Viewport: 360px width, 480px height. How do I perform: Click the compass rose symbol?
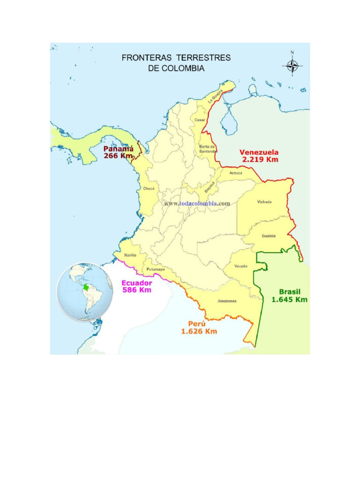tap(292, 65)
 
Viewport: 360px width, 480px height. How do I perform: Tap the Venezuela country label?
tap(259, 152)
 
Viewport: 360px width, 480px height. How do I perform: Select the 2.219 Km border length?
tap(260, 159)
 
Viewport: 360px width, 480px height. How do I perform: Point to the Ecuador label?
tap(137, 283)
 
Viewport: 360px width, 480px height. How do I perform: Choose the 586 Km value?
tap(137, 290)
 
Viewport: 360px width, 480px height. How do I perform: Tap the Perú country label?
tap(197, 324)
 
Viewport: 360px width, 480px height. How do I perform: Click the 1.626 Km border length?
tap(199, 331)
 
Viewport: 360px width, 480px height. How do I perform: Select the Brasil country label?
tap(290, 292)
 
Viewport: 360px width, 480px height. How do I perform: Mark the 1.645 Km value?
tap(290, 300)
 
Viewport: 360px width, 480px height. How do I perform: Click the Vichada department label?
tap(264, 202)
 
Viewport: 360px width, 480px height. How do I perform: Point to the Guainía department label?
tap(269, 236)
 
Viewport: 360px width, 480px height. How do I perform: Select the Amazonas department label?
tap(227, 301)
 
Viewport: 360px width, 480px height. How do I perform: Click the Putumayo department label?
tap(155, 270)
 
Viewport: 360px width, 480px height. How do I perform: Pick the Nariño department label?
tap(130, 255)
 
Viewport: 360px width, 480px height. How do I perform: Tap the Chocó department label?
tap(149, 188)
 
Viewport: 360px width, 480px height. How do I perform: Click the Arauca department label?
tap(236, 173)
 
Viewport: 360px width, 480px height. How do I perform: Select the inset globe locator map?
tap(85, 291)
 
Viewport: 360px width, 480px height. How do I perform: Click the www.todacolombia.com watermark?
tap(197, 203)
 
